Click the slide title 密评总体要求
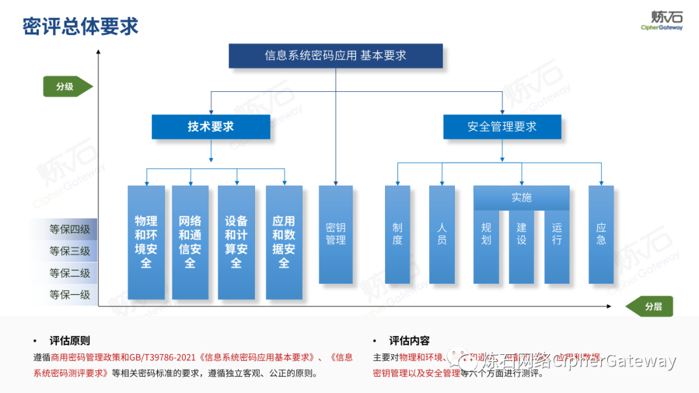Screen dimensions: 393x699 click(x=80, y=27)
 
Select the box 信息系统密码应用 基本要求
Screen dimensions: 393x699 click(x=336, y=56)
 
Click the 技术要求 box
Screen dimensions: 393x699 click(x=211, y=127)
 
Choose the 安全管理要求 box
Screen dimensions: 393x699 click(x=502, y=127)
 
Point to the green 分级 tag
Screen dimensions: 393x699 click(x=67, y=86)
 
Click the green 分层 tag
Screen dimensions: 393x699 click(x=651, y=306)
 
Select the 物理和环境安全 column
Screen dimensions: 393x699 click(x=146, y=242)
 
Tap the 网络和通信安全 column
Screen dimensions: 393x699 click(x=190, y=242)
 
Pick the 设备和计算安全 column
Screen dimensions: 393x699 click(x=236, y=242)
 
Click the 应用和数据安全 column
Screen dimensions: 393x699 click(x=284, y=242)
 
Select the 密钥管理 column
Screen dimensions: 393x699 click(x=336, y=234)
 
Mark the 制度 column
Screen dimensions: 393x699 click(x=397, y=234)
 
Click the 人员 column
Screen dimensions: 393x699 click(x=442, y=234)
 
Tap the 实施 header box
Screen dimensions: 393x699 click(x=522, y=198)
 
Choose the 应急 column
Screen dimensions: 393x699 click(x=601, y=234)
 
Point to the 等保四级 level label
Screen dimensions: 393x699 click(x=70, y=229)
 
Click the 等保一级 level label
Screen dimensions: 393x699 click(x=70, y=295)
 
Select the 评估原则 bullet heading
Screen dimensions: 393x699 click(x=70, y=341)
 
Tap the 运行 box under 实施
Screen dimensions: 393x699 click(x=557, y=246)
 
